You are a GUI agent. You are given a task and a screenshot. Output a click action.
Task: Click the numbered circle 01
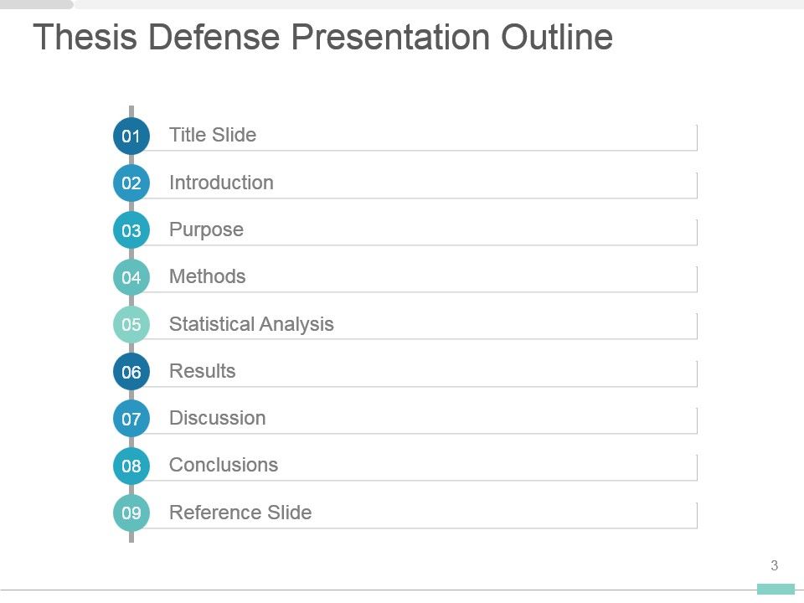click(131, 136)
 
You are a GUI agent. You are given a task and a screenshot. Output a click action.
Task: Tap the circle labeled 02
click(131, 183)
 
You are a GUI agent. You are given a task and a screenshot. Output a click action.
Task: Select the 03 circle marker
click(131, 230)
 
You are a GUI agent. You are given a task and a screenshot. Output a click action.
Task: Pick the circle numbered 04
click(131, 277)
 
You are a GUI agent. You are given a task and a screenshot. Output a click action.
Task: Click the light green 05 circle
click(131, 325)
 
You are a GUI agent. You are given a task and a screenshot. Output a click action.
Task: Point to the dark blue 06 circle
click(131, 372)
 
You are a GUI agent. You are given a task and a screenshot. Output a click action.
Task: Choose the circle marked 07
click(131, 419)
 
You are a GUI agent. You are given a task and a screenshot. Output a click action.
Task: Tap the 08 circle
click(131, 466)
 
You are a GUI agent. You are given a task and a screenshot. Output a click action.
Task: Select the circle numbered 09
click(131, 513)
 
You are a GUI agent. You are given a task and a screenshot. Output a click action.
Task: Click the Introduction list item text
click(221, 183)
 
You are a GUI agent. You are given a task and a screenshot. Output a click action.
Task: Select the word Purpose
click(206, 230)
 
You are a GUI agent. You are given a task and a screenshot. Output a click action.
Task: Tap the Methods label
click(207, 276)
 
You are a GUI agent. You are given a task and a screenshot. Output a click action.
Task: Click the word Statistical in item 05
click(212, 324)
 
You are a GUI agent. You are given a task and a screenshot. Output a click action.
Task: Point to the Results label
click(203, 371)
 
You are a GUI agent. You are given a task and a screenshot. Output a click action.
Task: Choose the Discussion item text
click(218, 418)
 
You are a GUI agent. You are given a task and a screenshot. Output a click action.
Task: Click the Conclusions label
click(224, 465)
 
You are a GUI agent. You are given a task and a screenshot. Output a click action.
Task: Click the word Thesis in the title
click(85, 37)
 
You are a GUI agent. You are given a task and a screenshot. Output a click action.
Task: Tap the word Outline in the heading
click(557, 37)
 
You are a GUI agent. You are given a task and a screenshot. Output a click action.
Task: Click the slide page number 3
click(774, 565)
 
